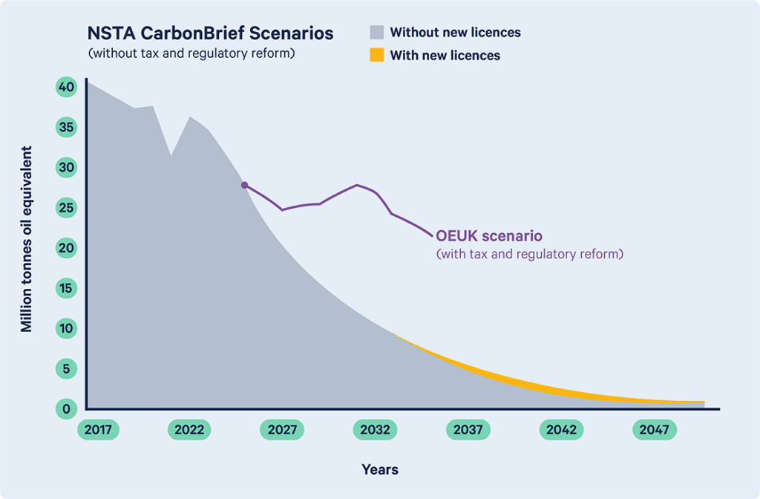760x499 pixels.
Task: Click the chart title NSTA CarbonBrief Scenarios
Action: point(210,33)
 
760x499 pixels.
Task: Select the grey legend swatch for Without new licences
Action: point(376,32)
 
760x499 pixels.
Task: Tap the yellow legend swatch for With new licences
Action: point(376,55)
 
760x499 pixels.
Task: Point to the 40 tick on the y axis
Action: point(66,87)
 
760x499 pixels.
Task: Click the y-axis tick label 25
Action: point(66,208)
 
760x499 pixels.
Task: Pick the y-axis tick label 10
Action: point(66,328)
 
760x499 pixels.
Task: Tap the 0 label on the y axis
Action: point(66,409)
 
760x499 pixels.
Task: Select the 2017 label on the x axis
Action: point(98,430)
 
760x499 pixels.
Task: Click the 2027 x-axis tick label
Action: point(282,430)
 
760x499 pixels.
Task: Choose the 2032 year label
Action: point(375,430)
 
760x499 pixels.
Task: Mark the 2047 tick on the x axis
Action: point(655,430)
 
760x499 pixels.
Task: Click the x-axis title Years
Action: point(380,469)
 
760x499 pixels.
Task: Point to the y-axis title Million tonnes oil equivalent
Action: point(26,239)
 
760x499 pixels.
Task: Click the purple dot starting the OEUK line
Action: point(245,185)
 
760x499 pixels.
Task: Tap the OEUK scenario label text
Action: point(489,235)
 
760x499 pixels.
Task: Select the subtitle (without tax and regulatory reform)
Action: point(191,53)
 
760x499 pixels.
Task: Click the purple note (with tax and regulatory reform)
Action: point(530,254)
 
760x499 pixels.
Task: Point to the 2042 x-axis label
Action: point(561,430)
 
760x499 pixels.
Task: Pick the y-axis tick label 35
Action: point(66,127)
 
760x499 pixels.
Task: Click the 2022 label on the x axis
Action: point(189,430)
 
